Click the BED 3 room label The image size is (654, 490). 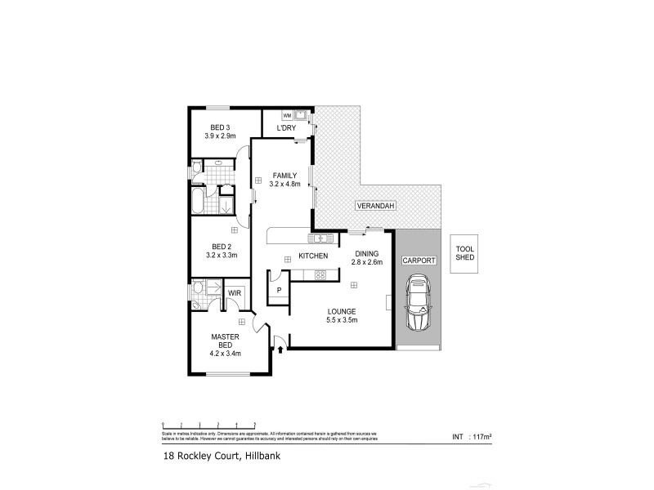coord(220,127)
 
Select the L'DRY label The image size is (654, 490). coord(286,129)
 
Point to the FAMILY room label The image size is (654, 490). coord(284,176)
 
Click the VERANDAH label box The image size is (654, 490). coord(375,207)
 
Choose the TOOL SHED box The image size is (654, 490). coord(465,253)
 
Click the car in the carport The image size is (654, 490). coord(419,304)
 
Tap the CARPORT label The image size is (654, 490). coord(419,261)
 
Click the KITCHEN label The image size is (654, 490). coord(313,256)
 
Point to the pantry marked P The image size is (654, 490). coord(279,290)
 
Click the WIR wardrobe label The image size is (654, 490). coord(234,292)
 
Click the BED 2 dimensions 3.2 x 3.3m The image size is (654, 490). coord(221,255)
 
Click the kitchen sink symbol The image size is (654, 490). coord(320,238)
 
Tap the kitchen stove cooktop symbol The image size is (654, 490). coord(320,275)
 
